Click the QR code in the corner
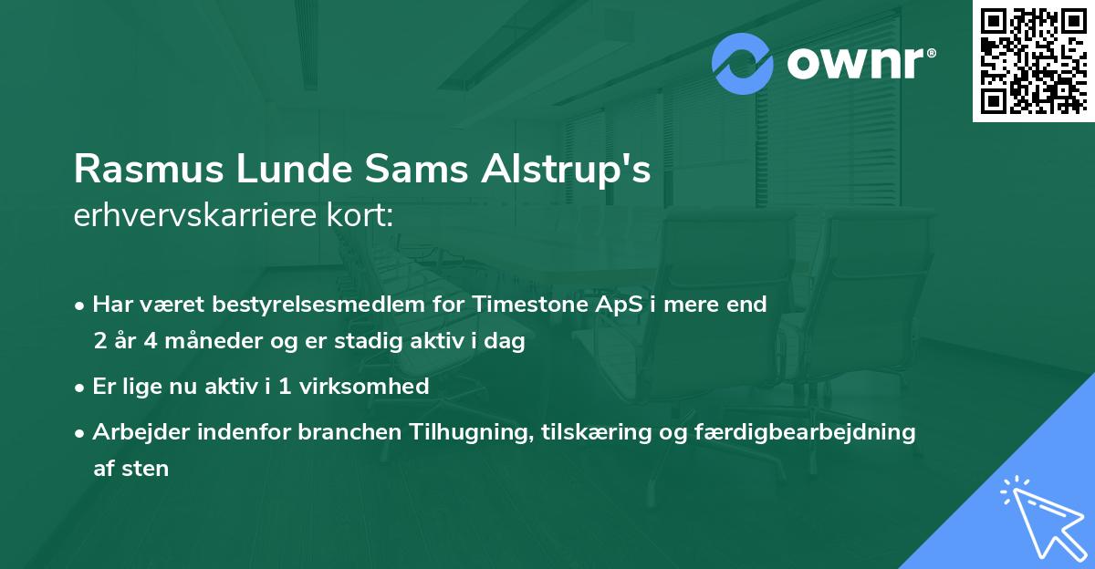point(1033,61)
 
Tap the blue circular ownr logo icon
point(743,64)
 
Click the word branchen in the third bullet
point(340,431)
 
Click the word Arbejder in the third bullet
point(132,431)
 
